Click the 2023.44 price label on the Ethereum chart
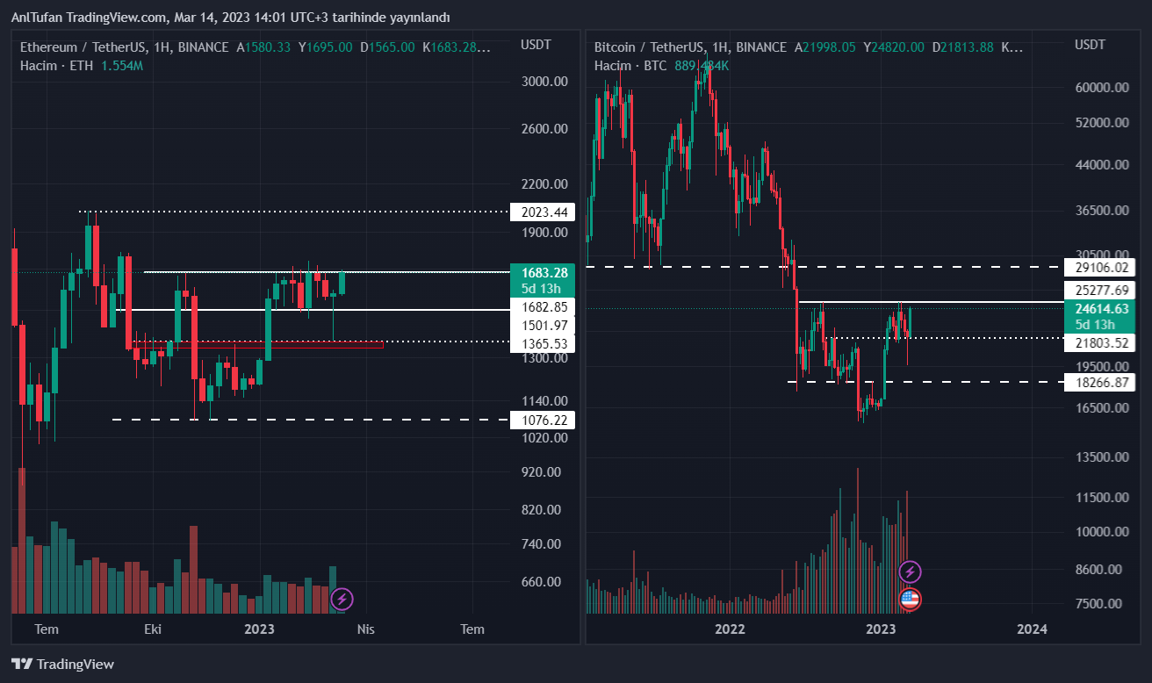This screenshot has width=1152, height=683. tap(542, 212)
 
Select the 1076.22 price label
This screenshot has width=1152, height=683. tap(542, 421)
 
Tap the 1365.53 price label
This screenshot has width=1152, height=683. tap(542, 343)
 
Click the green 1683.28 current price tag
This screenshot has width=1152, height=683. tap(542, 279)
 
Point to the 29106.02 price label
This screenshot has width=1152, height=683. tap(1096, 267)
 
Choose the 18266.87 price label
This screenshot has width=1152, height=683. tap(1096, 382)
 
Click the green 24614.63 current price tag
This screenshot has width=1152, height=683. tap(1096, 316)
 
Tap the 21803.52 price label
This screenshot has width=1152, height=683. tap(1096, 342)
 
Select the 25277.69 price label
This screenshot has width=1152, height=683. tap(1096, 290)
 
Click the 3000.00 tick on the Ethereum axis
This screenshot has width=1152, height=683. tap(544, 81)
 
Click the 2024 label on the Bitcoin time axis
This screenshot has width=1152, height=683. tap(1032, 629)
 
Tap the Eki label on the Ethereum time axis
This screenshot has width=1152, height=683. tap(153, 629)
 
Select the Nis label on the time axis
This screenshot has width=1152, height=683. tap(365, 629)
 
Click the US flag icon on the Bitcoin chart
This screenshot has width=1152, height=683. tap(911, 600)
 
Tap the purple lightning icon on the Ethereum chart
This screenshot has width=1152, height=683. tap(342, 600)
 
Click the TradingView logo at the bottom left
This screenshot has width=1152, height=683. tap(62, 665)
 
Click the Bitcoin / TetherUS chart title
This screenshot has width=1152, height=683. tap(648, 47)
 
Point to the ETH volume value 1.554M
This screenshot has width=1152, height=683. tap(122, 66)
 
